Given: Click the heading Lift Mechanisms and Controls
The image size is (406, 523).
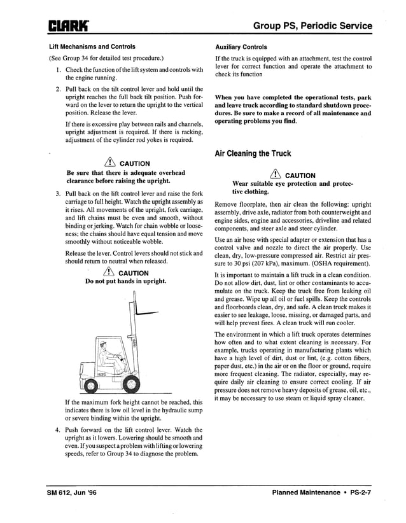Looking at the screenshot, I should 92,46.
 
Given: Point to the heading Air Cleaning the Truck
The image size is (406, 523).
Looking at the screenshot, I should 253,153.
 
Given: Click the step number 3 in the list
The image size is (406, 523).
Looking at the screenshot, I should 57,193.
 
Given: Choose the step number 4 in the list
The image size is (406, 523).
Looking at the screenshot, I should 57,429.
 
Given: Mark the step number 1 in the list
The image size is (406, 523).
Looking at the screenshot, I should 57,69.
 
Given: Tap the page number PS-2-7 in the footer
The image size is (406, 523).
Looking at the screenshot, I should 360,492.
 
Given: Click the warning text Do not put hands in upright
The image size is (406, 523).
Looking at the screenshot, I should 126,281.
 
